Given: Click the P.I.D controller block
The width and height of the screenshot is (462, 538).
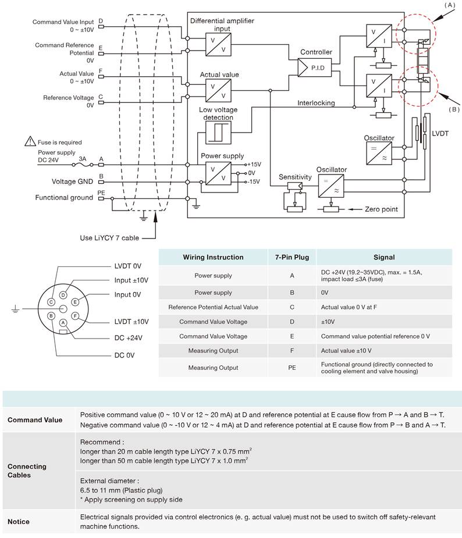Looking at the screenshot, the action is pyautogui.click(x=315, y=67).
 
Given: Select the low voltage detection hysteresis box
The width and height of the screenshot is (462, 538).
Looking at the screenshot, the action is pyautogui.click(x=218, y=133).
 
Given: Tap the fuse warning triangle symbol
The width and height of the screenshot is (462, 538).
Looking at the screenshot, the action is pyautogui.click(x=30, y=141).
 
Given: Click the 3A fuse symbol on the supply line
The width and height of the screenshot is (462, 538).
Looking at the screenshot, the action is pyautogui.click(x=83, y=165).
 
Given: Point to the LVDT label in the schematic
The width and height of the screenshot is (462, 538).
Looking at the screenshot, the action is pyautogui.click(x=440, y=133).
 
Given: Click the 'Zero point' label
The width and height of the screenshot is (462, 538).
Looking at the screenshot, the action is pyautogui.click(x=381, y=209).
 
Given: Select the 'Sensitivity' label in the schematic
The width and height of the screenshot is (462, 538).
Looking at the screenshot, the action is pyautogui.click(x=295, y=177).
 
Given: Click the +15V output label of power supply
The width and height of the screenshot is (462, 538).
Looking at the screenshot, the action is pyautogui.click(x=254, y=165).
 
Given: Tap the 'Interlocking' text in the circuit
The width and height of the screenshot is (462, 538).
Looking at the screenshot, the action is pyautogui.click(x=316, y=103).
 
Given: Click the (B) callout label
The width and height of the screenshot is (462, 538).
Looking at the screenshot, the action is pyautogui.click(x=454, y=109).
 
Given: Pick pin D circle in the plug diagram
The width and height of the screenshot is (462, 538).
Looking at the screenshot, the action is pyautogui.click(x=63, y=295).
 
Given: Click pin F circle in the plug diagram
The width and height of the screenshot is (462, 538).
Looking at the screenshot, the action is pyautogui.click(x=75, y=316).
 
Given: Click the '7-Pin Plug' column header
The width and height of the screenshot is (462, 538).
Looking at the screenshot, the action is pyautogui.click(x=292, y=257).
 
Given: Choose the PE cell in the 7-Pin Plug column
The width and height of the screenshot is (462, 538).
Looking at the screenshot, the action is pyautogui.click(x=292, y=368).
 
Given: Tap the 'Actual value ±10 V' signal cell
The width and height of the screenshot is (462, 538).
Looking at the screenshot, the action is pyautogui.click(x=346, y=351).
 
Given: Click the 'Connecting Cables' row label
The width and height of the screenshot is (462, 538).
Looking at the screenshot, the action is pyautogui.click(x=27, y=471).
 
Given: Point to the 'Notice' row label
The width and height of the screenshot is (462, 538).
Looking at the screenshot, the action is pyautogui.click(x=18, y=522).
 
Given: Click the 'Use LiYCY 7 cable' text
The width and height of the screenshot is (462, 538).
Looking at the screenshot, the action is pyautogui.click(x=109, y=238).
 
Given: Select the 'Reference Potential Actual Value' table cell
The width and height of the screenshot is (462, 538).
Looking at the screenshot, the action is pyautogui.click(x=213, y=307).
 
